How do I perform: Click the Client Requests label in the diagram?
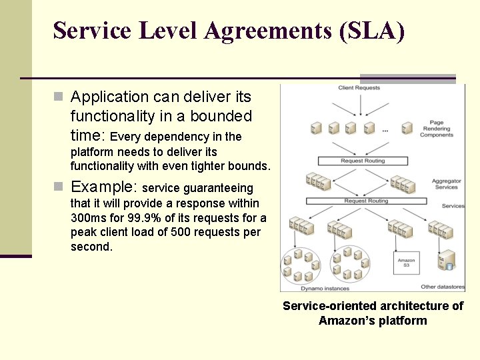(x=359, y=88)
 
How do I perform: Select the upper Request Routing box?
(x=362, y=161)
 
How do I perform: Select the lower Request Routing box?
(x=365, y=201)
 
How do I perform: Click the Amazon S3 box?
(x=406, y=263)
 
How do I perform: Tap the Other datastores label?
(x=443, y=287)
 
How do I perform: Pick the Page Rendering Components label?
(x=437, y=129)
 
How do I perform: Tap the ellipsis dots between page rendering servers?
(x=385, y=131)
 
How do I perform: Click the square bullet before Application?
(x=59, y=97)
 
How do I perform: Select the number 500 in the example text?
(x=182, y=233)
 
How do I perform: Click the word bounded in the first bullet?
(x=221, y=116)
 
